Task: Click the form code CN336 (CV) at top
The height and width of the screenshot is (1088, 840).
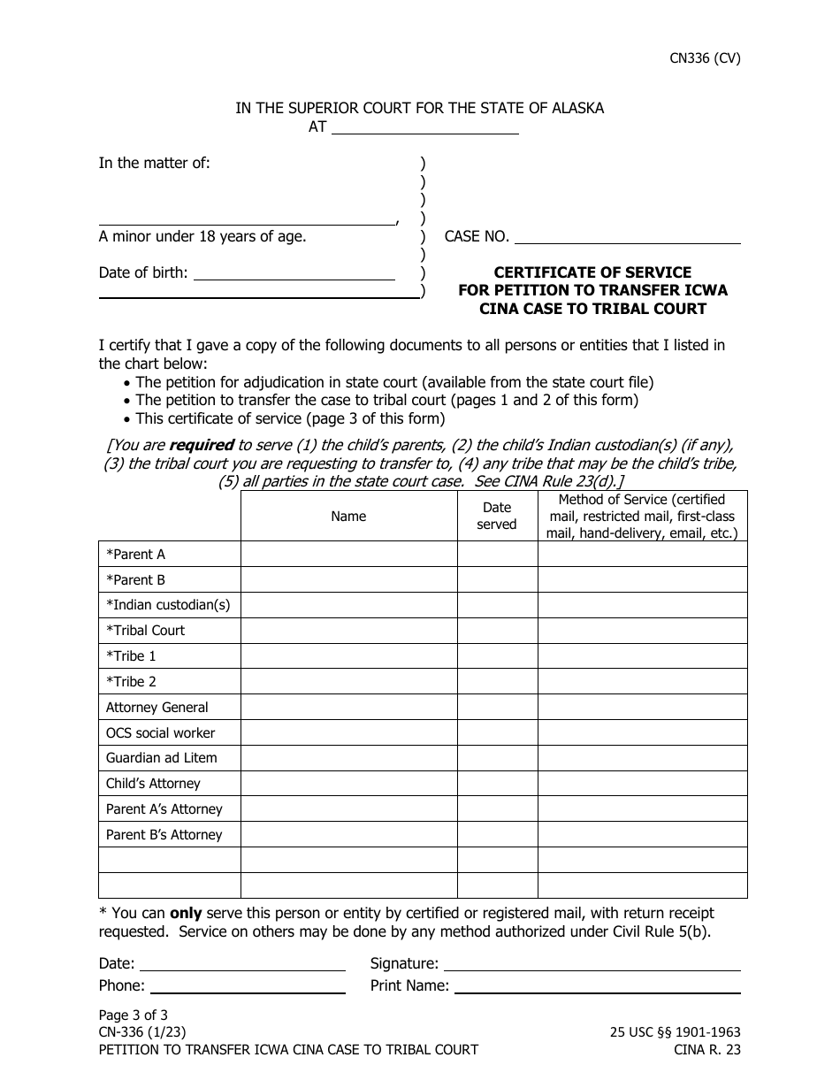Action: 704,59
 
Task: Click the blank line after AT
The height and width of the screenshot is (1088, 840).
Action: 424,127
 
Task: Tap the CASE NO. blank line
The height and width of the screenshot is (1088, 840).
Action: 627,237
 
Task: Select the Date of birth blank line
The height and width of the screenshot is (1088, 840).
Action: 294,273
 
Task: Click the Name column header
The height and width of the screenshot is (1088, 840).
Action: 348,516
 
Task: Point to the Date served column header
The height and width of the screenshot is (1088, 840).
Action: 497,516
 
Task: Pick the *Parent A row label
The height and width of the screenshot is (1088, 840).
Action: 136,555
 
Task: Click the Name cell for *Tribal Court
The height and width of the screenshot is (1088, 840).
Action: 348,631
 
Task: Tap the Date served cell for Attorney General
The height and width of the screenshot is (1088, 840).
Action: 497,708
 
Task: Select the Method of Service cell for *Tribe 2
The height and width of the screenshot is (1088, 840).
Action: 642,682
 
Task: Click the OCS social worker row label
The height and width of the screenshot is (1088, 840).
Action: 160,733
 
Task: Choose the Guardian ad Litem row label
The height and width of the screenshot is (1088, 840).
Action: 161,758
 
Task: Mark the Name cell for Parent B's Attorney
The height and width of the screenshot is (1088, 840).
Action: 348,835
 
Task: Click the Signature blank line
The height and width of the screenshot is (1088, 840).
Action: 591,964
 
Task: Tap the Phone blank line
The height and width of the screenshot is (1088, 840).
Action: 248,986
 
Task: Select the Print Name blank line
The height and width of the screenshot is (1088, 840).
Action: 597,986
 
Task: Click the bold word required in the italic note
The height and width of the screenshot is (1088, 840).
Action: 202,446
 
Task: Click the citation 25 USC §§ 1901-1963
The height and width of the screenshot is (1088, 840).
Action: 676,1032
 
